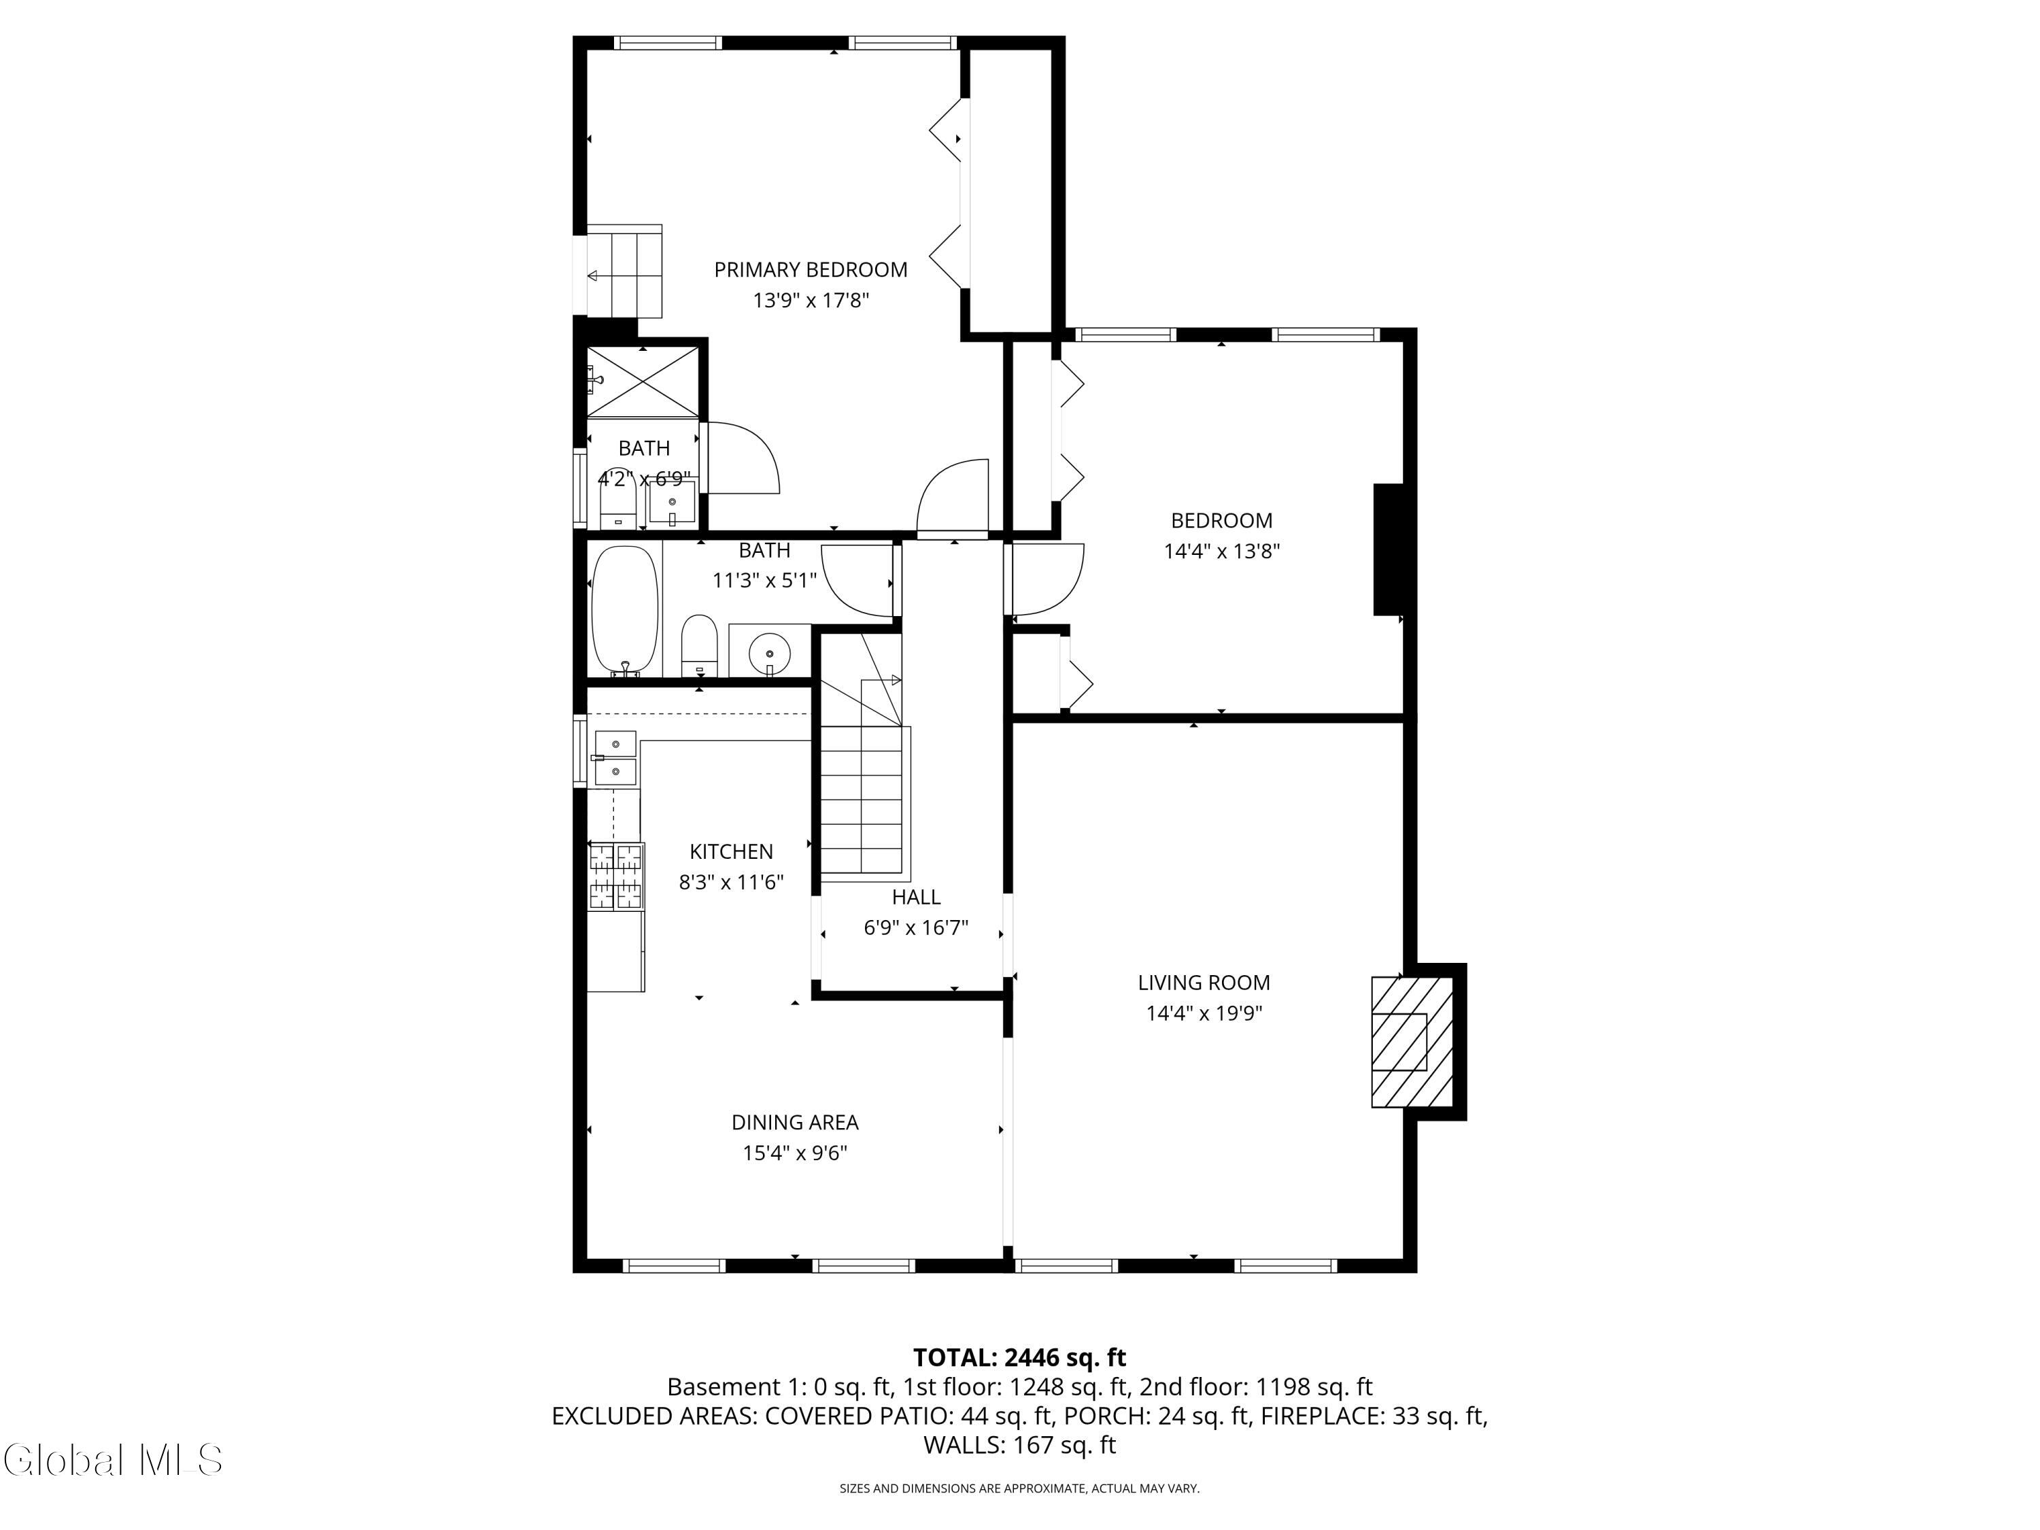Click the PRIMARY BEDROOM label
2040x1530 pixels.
pyautogui.click(x=811, y=269)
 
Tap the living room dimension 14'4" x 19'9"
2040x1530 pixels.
pyautogui.click(x=1204, y=1013)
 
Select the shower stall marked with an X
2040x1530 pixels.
pyautogui.click(x=643, y=381)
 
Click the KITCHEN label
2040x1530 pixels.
pyautogui.click(x=731, y=851)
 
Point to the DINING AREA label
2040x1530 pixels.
pyautogui.click(x=795, y=1123)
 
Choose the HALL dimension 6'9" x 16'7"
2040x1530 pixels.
pyautogui.click(x=916, y=927)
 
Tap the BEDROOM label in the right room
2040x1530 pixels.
pyautogui.click(x=1222, y=520)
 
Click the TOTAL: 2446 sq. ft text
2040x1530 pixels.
pyautogui.click(x=1019, y=1357)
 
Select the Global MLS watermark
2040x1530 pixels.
pyautogui.click(x=112, y=1460)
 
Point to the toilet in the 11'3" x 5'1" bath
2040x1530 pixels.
pyautogui.click(x=699, y=645)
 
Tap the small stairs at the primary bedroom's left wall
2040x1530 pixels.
pyautogui.click(x=624, y=270)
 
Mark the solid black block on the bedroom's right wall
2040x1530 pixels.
pyautogui.click(x=1388, y=549)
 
